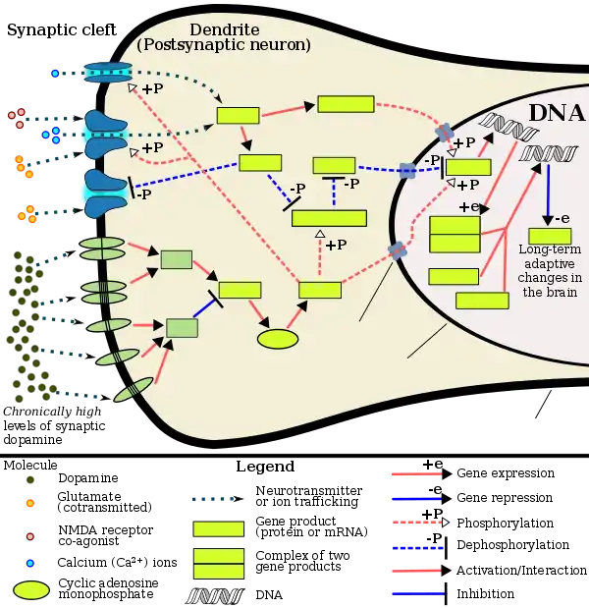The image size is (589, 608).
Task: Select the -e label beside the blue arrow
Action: click(x=561, y=218)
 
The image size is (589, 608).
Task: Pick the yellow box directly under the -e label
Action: click(x=549, y=237)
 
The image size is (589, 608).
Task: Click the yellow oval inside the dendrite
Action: click(x=278, y=339)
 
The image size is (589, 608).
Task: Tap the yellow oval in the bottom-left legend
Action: click(x=32, y=590)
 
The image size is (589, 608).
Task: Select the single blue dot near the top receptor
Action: click(x=55, y=74)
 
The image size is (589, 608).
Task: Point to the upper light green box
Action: click(x=176, y=259)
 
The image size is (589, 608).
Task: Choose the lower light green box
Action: click(x=182, y=327)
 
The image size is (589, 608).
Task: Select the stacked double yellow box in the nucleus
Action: click(x=455, y=235)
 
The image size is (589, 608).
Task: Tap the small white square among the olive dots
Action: click(x=42, y=285)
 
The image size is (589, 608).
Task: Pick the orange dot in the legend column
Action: click(x=31, y=503)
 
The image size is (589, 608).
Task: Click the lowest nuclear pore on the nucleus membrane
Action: click(x=398, y=251)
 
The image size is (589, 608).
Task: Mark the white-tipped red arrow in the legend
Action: click(x=419, y=523)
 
